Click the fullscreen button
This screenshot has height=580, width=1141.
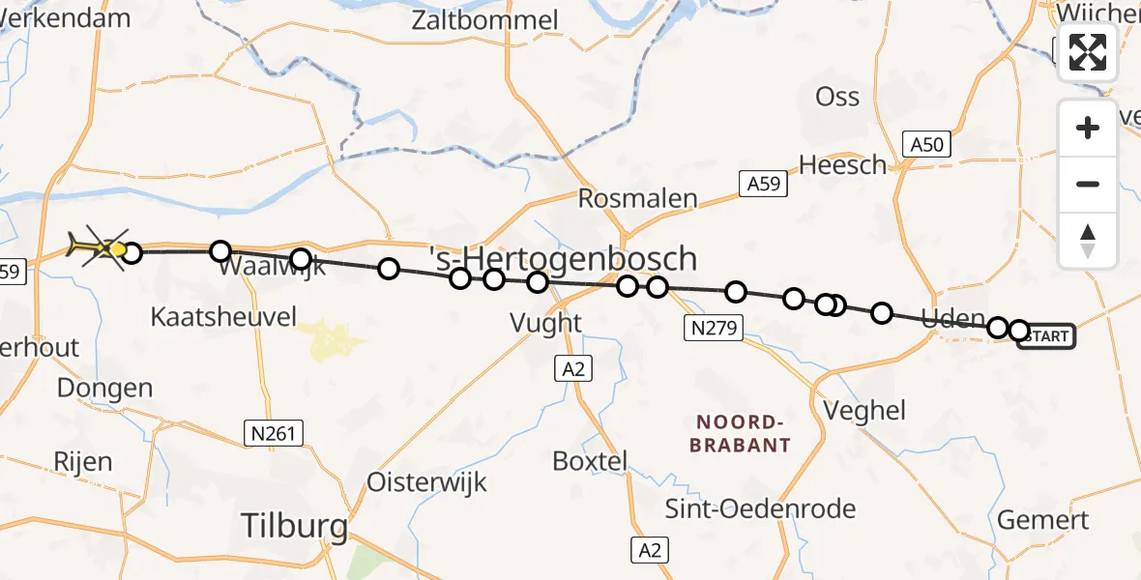pyautogui.click(x=1088, y=52)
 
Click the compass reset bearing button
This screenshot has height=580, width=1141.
pyautogui.click(x=1088, y=240)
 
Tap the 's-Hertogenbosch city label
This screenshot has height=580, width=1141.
pyautogui.click(x=563, y=259)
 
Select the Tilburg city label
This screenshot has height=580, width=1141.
pyautogui.click(x=294, y=527)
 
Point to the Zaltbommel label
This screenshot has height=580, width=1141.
pyautogui.click(x=485, y=20)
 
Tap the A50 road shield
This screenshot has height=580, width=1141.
pyautogui.click(x=926, y=145)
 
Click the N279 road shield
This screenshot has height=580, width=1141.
pyautogui.click(x=714, y=328)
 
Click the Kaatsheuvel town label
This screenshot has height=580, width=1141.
pyautogui.click(x=223, y=316)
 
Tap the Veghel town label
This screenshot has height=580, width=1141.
pyautogui.click(x=864, y=411)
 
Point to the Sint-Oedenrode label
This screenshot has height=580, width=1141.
pyautogui.click(x=760, y=508)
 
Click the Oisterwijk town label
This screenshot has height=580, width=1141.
pyautogui.click(x=426, y=481)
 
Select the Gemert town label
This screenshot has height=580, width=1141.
pyautogui.click(x=1042, y=520)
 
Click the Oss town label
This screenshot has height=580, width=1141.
pyautogui.click(x=837, y=97)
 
